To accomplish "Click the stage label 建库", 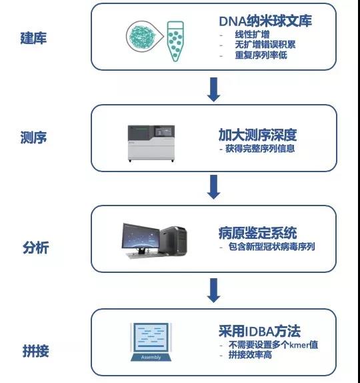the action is tap(33, 38).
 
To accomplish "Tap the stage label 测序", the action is tap(33, 137).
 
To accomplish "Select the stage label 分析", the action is tap(35, 247).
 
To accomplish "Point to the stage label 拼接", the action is tap(35, 351).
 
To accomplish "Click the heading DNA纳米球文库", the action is tap(265, 21).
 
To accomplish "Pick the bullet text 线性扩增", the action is tap(252, 35).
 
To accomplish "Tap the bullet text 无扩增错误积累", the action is tap(265, 45).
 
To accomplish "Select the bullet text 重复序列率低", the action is tap(261, 55).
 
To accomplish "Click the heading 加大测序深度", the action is tap(258, 135).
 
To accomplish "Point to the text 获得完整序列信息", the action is tap(260, 149).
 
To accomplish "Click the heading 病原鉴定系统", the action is tap(258, 233).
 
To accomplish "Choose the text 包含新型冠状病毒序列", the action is tap(271, 246).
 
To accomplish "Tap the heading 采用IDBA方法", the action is tap(259, 331).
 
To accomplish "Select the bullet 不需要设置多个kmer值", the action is tap(273, 345).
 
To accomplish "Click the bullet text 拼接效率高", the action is tap(250, 355).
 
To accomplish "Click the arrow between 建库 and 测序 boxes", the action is tap(213, 89).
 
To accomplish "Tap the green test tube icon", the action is tap(175, 41).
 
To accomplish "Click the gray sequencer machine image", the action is tap(151, 143).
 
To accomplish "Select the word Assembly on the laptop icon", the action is tap(151, 358).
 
